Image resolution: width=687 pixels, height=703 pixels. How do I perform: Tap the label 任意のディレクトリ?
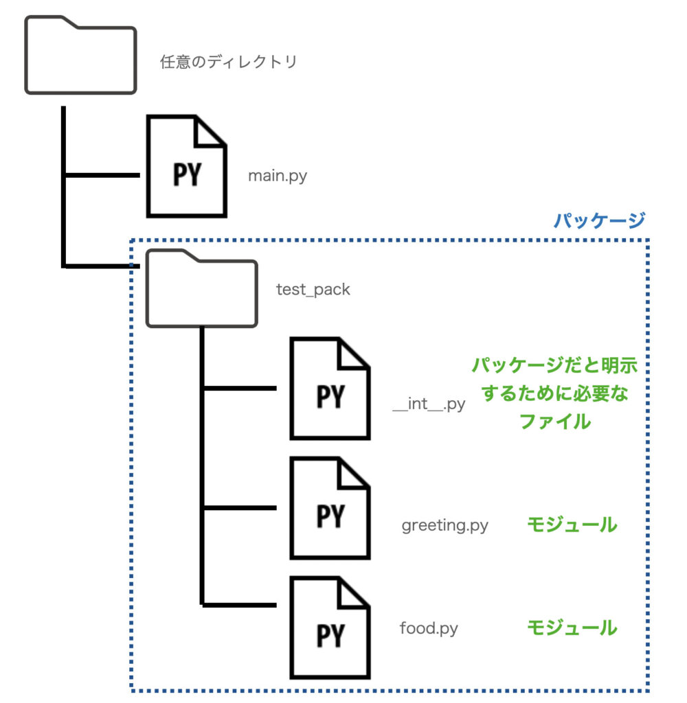coord(228,62)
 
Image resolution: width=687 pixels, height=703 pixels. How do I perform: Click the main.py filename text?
coord(278,176)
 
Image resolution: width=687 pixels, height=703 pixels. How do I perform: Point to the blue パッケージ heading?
coord(599,220)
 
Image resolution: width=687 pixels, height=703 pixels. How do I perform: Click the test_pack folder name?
coord(313,290)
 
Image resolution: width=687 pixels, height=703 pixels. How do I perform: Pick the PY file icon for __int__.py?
coord(330,388)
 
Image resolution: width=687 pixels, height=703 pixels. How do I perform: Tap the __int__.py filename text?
coord(429,404)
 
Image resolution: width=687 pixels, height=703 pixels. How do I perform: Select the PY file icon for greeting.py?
coord(330,507)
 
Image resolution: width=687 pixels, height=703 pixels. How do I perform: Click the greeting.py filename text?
coord(444,526)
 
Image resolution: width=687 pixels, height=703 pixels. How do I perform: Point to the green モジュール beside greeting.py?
coord(572,525)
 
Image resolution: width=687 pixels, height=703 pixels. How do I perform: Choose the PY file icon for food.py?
coord(330,627)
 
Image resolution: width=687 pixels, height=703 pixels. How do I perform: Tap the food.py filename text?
coord(429,627)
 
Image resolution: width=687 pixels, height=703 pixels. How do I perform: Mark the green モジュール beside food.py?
coord(572,627)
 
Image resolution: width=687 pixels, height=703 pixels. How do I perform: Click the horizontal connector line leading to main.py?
coord(103,175)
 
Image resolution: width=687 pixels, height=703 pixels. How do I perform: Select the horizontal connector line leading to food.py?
coord(240,605)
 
